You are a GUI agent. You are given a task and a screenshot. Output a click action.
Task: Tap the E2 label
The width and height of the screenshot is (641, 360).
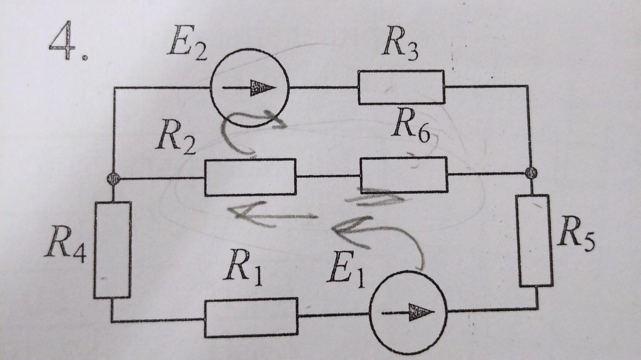(x=188, y=44)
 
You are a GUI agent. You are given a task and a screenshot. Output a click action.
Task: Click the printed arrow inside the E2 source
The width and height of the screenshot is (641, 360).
(x=249, y=88)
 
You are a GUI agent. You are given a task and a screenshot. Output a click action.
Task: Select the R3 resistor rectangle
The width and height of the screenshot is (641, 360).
(x=401, y=87)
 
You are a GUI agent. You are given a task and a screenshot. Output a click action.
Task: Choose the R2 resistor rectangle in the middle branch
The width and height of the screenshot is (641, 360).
(x=250, y=177)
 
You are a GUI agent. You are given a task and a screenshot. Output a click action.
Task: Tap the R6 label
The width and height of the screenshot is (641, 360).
(x=412, y=125)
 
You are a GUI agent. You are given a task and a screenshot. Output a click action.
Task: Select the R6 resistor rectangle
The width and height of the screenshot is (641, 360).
(x=404, y=175)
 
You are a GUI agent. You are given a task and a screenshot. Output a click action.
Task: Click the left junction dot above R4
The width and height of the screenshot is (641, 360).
(x=113, y=179)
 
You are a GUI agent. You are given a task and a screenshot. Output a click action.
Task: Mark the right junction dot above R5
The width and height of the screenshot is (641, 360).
(x=531, y=172)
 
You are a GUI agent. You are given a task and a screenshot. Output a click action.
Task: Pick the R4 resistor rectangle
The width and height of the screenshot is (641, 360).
(x=113, y=250)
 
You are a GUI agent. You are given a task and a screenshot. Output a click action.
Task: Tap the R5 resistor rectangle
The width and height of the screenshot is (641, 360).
(x=535, y=240)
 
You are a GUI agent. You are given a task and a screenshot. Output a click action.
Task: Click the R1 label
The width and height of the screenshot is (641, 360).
(x=243, y=268)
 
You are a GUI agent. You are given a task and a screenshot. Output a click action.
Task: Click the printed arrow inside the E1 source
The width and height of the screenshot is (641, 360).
(x=408, y=313)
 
